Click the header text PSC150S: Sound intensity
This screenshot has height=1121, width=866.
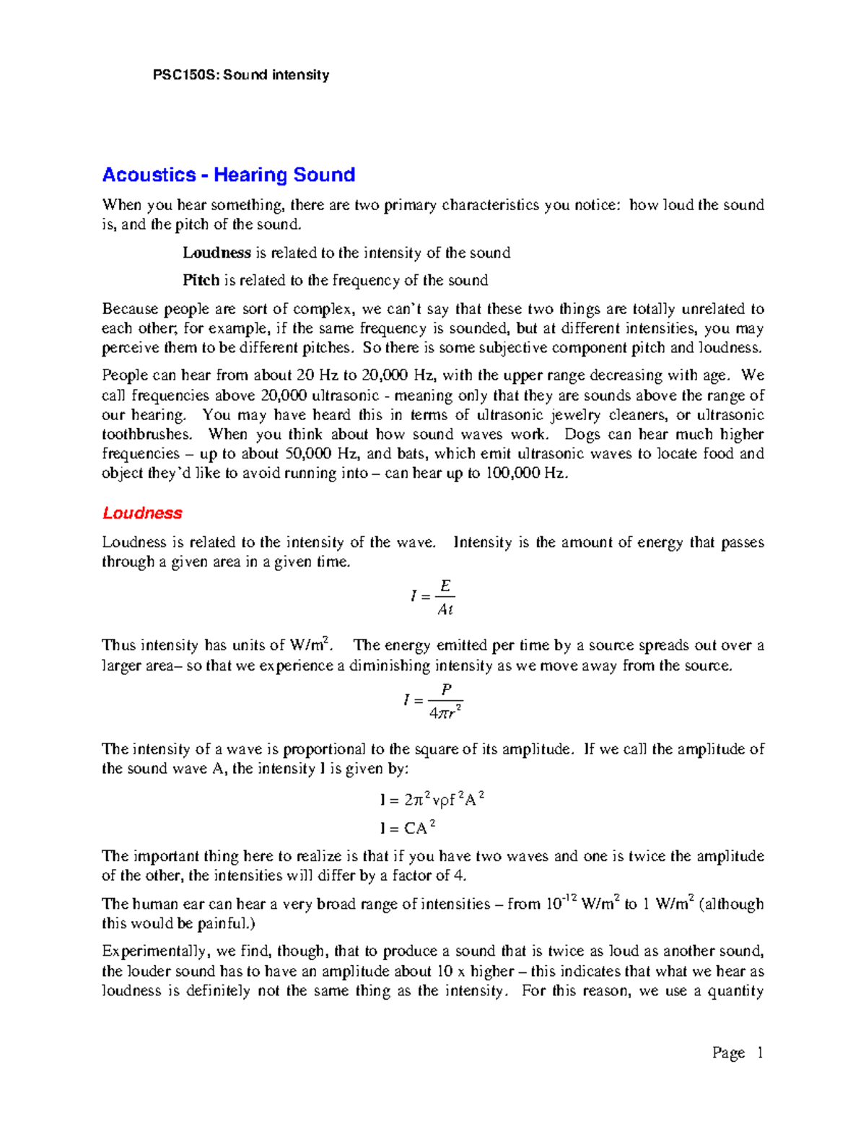241,75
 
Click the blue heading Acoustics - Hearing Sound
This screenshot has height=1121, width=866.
229,175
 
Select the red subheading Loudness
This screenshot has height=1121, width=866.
142,513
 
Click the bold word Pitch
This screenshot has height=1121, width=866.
201,280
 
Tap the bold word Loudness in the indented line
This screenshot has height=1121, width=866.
216,253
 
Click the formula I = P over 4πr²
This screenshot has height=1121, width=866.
433,701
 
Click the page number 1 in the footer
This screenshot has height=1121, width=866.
759,1052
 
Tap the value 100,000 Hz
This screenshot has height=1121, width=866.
525,474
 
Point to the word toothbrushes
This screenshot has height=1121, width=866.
146,435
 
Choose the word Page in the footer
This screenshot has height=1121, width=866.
728,1052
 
